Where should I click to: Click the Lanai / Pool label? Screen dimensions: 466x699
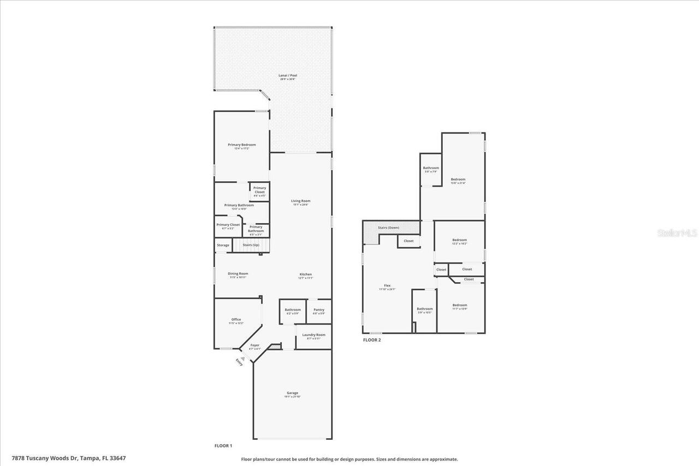coord(287,75)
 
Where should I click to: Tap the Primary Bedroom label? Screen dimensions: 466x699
coord(241,145)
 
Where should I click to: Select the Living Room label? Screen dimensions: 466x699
coord(300,201)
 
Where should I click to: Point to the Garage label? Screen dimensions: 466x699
coord(292,393)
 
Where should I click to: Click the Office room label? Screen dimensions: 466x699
coord(235,320)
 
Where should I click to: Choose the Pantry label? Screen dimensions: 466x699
coord(318,309)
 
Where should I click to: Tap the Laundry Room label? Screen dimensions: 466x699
coord(313,334)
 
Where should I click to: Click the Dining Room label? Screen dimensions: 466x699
coord(238,273)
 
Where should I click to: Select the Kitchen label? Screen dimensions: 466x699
coord(305,274)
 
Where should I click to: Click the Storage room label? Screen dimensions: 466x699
coord(223,245)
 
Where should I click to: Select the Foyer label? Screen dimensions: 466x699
coord(255,345)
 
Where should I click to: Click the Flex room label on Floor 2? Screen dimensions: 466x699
coord(387,285)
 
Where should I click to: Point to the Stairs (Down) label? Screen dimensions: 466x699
coord(388,227)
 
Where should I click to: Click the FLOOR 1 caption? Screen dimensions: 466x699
coord(223,446)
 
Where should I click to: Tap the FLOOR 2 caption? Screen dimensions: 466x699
coord(372,340)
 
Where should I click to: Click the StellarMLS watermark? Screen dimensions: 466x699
coord(677,233)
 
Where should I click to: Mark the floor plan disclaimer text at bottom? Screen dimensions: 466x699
coord(349,459)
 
